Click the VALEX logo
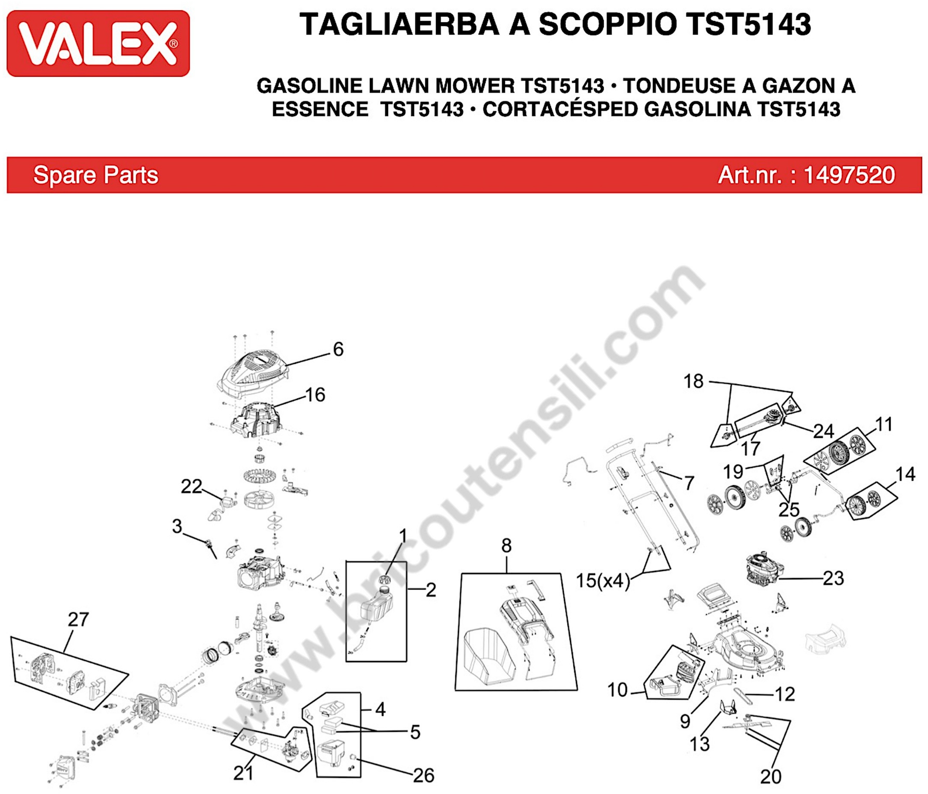pyautogui.click(x=98, y=44)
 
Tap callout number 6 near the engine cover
pyautogui.click(x=338, y=349)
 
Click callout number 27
pyautogui.click(x=78, y=620)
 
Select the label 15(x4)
pyautogui.click(x=602, y=581)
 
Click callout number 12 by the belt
pyautogui.click(x=785, y=694)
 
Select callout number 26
pyautogui.click(x=423, y=776)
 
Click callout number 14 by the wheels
pyautogui.click(x=905, y=474)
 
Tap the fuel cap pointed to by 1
pyautogui.click(x=384, y=580)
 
